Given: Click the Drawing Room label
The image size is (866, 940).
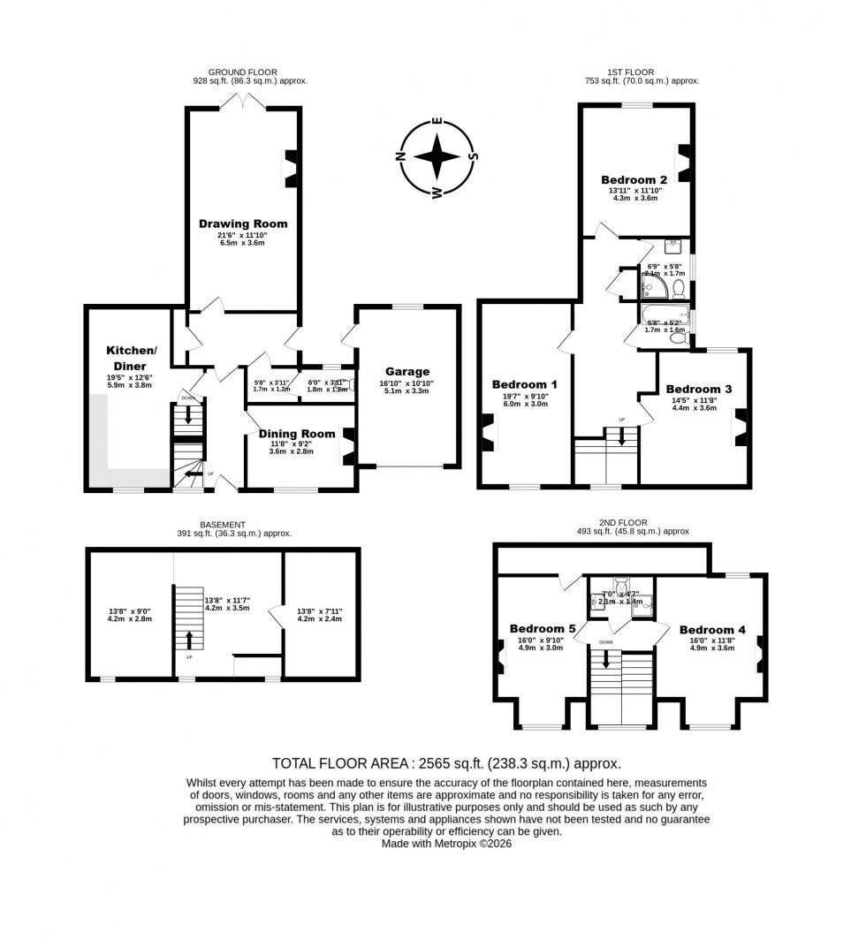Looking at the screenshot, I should (242, 224).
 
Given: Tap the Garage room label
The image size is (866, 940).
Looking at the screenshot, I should (406, 371).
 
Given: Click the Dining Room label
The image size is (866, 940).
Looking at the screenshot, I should (297, 433).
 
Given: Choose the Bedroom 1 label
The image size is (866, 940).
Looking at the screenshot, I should (525, 384).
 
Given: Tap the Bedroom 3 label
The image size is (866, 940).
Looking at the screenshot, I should (699, 389).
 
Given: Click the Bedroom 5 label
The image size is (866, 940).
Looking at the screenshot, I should (543, 629).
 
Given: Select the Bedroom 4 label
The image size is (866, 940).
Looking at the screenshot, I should (713, 630).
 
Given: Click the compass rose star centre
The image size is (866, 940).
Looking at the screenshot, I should (437, 158).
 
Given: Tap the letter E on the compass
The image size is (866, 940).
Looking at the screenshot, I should (437, 121).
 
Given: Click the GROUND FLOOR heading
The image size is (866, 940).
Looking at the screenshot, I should (242, 72).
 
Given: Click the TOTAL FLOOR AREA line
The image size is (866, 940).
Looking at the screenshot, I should (446, 763).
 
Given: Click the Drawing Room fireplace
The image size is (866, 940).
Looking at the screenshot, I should (290, 168).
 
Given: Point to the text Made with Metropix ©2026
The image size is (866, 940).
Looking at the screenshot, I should (446, 844).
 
